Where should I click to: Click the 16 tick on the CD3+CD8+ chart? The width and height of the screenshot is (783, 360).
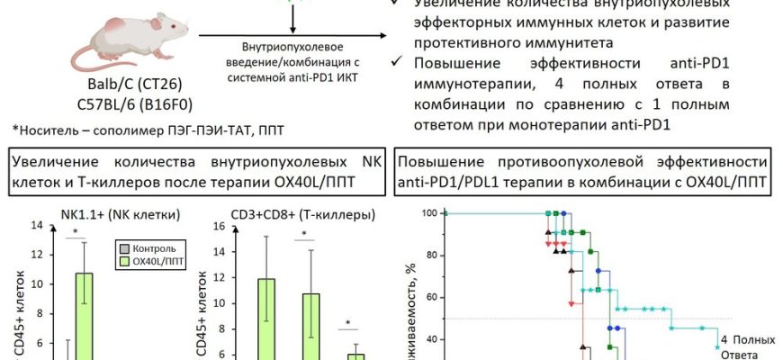217,226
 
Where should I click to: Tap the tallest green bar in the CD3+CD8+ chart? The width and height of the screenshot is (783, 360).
265,319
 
